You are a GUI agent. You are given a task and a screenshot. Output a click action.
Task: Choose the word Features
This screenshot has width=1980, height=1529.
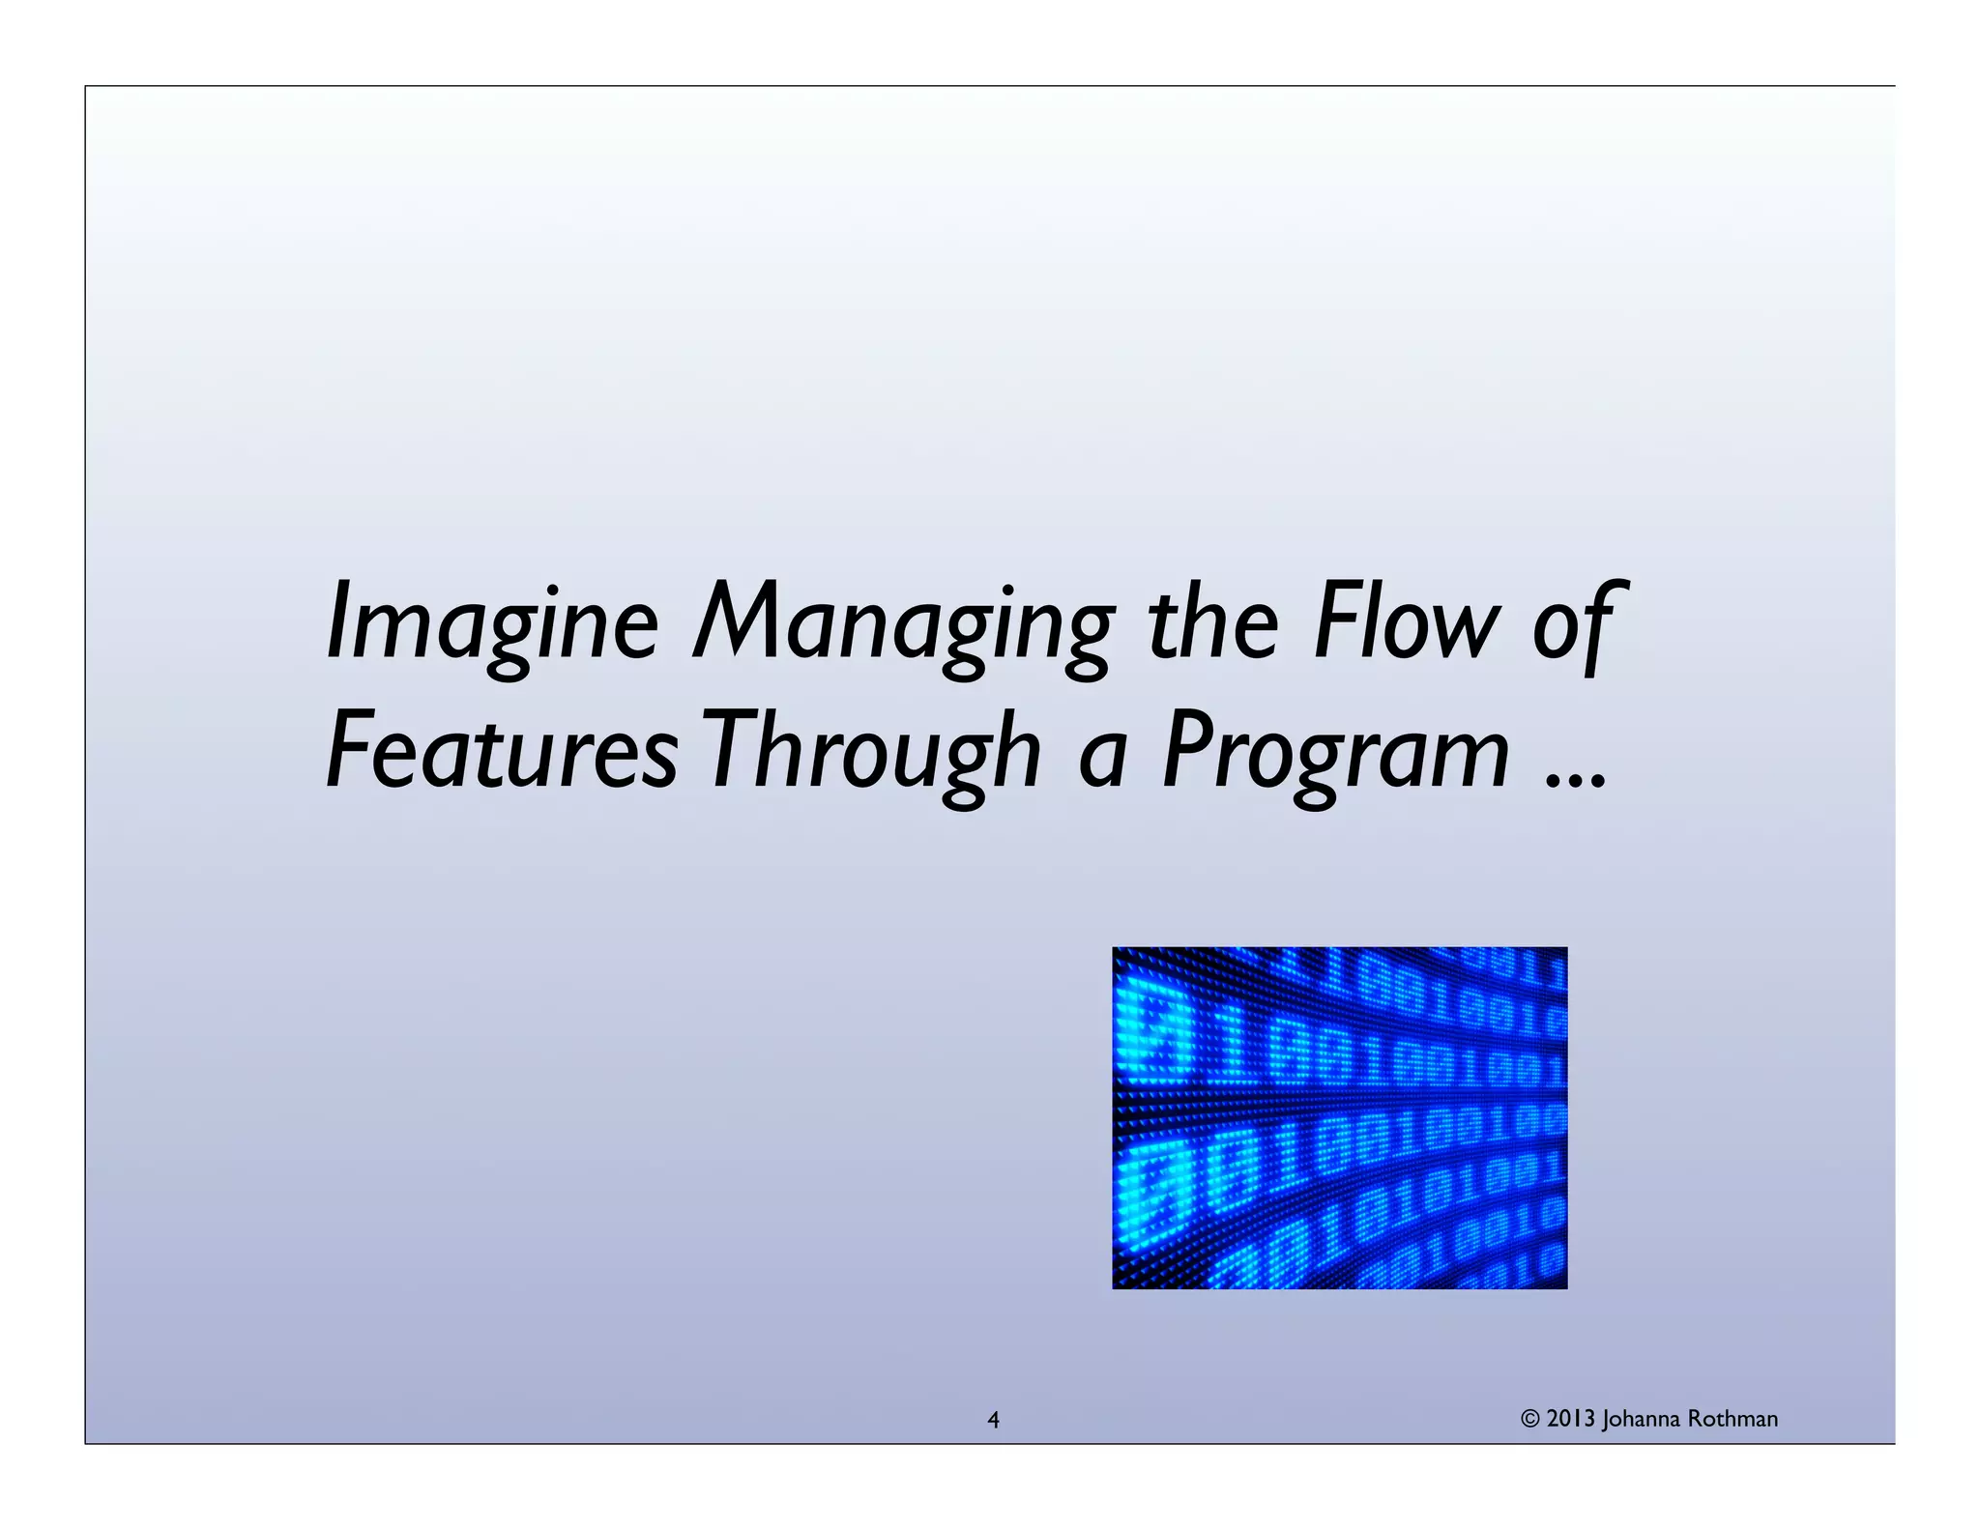coord(503,750)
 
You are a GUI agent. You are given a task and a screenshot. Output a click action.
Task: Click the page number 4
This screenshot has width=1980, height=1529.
coord(993,1420)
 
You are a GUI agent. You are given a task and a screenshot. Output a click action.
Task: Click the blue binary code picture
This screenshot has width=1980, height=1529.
coord(1339,1117)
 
